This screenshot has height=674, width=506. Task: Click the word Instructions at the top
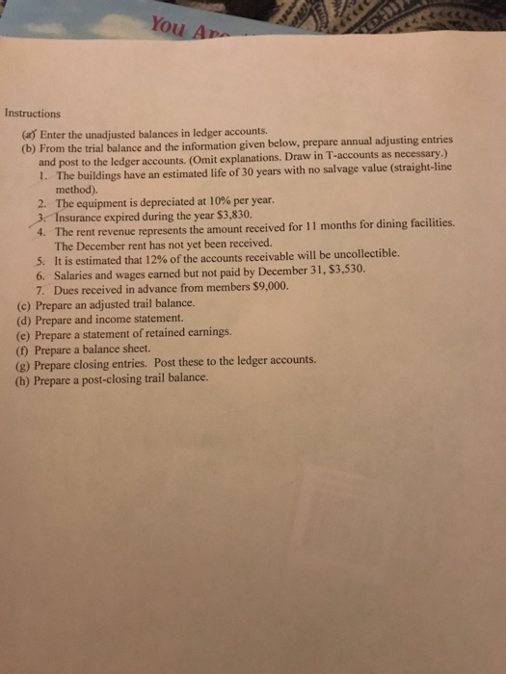32,113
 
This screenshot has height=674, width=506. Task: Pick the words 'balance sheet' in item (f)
117,350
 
